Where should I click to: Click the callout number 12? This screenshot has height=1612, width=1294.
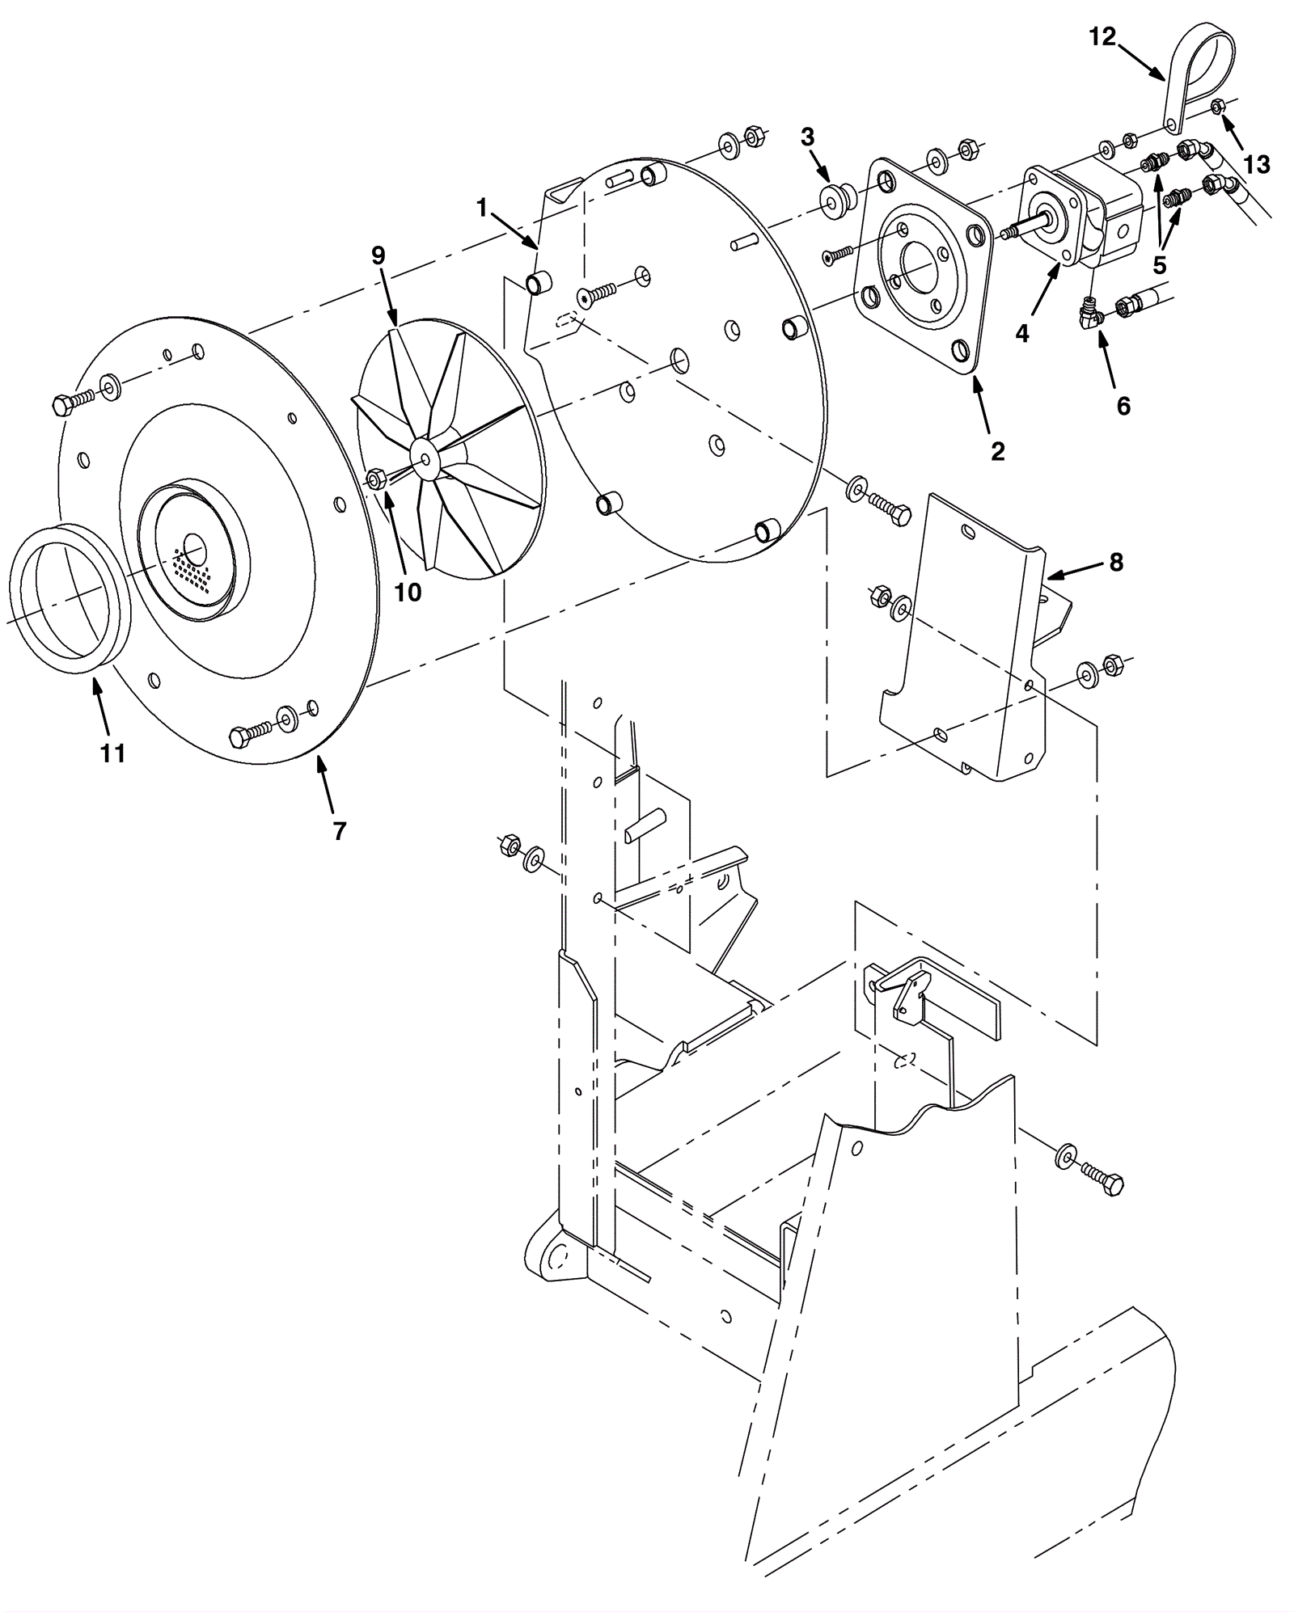[x=1102, y=36]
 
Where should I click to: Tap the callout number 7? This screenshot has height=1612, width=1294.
[x=340, y=830]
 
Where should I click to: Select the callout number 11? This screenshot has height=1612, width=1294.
[x=112, y=753]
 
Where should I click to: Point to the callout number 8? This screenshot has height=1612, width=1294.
[x=1116, y=563]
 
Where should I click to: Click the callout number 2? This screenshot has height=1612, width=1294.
[x=998, y=451]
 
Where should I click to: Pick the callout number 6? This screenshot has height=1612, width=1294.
[x=1124, y=406]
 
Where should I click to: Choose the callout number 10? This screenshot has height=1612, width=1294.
[x=408, y=593]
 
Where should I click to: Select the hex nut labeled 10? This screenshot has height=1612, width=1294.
[x=376, y=479]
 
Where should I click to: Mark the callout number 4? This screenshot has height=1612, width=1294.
[x=1022, y=332]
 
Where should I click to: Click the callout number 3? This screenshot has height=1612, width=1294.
[x=807, y=137]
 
